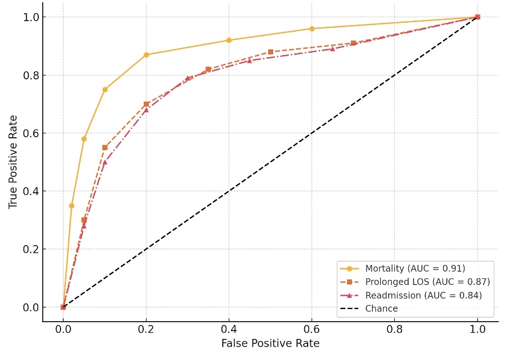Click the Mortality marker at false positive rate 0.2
(x=146, y=55)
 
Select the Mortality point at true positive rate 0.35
(x=71, y=206)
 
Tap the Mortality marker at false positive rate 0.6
(x=311, y=29)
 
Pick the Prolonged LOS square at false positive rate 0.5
(x=270, y=52)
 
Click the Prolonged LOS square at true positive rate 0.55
(x=104, y=148)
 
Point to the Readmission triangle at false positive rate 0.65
(x=333, y=49)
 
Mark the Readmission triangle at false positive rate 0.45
(x=249, y=61)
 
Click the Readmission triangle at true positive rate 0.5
(x=104, y=162)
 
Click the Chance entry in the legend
(x=381, y=309)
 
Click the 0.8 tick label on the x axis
(x=394, y=329)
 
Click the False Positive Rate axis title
(x=270, y=344)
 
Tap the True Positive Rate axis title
(x=13, y=162)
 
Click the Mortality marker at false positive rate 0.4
(x=229, y=41)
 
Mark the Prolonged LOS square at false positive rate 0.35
(x=208, y=69)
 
